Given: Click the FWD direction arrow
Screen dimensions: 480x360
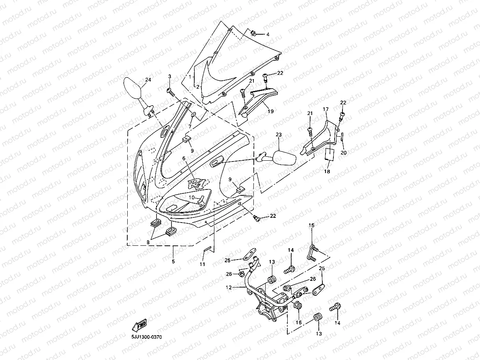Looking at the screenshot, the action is point(140,325).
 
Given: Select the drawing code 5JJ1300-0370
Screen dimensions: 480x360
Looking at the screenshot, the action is point(147,337).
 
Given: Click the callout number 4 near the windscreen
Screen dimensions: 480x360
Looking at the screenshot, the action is point(268,35).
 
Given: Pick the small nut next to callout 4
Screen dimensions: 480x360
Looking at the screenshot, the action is point(254,33).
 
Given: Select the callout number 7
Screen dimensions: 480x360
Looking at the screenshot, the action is point(190,126).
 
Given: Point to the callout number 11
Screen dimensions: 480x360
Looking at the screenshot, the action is point(202,264).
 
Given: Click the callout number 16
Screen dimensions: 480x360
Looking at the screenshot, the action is point(298,322).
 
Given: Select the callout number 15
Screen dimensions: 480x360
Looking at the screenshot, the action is point(311,225).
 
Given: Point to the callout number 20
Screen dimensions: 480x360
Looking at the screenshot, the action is point(343,153).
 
